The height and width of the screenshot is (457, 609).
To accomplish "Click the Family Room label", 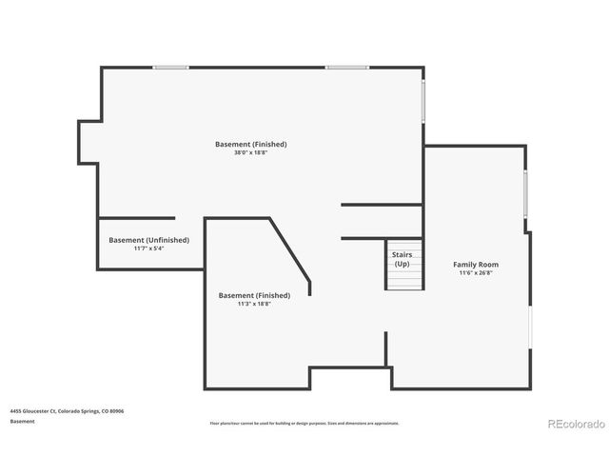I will [475, 264].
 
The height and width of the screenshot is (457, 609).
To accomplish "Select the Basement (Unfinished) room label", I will [148, 240].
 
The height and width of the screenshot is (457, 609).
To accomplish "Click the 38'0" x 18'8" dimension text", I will [250, 153].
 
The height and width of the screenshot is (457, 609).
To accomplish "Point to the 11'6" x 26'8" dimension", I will [475, 273].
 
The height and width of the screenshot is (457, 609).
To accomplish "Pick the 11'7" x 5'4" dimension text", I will [148, 248].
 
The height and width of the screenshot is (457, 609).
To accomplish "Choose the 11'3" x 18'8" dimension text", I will [254, 305].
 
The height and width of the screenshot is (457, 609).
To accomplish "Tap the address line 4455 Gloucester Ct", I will [67, 411].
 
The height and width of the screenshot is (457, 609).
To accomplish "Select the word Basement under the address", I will [23, 421].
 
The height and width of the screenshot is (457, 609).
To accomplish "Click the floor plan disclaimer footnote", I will [304, 423].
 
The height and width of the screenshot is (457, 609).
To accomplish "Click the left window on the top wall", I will [171, 67].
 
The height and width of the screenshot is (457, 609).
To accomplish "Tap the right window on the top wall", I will [346, 67].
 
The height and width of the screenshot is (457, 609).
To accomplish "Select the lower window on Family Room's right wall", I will [531, 324].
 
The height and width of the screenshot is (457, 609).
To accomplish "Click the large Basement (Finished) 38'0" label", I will [250, 144].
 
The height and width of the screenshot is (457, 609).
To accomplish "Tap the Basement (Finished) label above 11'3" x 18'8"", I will [254, 295].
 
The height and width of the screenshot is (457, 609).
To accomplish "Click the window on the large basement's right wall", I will [423, 100].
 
